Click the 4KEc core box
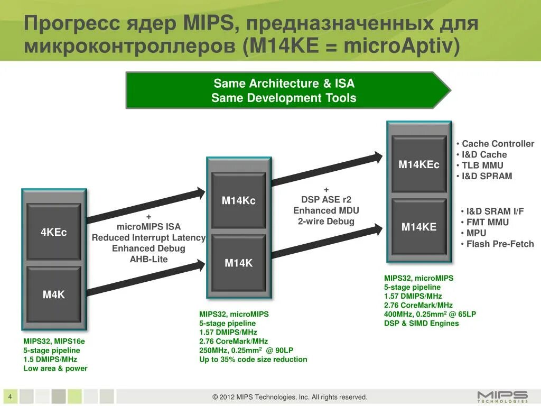click(54, 232)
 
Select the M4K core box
click(54, 294)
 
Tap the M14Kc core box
click(239, 200)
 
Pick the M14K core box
click(239, 263)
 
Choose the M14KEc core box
click(419, 164)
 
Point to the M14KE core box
click(419, 227)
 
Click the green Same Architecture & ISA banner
click(285, 90)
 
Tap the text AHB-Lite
click(148, 259)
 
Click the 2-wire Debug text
click(326, 221)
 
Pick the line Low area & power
click(55, 368)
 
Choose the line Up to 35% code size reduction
click(253, 359)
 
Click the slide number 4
click(11, 396)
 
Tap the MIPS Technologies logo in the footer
click(502, 396)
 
